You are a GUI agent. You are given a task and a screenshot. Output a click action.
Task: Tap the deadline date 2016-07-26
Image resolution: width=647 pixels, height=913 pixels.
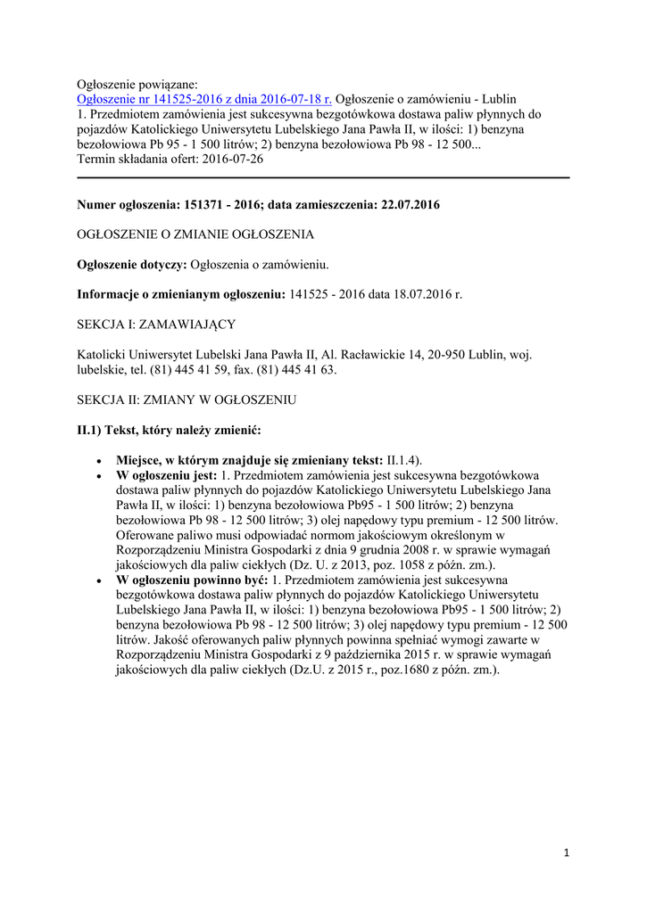pos(234,159)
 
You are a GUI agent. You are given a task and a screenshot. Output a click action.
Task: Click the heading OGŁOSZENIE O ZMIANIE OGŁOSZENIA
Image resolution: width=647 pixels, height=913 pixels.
pos(195,234)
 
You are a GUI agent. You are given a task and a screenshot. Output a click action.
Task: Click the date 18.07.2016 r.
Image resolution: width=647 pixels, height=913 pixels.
pos(428,293)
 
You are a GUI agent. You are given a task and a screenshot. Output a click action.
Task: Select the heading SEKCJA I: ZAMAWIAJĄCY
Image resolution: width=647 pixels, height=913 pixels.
pos(156,324)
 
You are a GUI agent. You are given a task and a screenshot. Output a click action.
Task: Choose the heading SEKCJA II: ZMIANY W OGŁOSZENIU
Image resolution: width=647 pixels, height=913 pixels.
pos(187,399)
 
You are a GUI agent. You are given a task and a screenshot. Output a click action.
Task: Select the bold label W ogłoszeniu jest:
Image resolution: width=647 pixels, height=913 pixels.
pos(167,475)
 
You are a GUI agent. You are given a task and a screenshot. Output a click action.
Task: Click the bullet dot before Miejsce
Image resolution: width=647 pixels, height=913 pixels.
pos(99,460)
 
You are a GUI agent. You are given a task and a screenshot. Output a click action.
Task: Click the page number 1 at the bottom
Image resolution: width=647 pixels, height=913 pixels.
pos(567,853)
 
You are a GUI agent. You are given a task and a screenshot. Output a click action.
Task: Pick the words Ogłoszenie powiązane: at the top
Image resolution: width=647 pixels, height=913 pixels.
pos(137,83)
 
